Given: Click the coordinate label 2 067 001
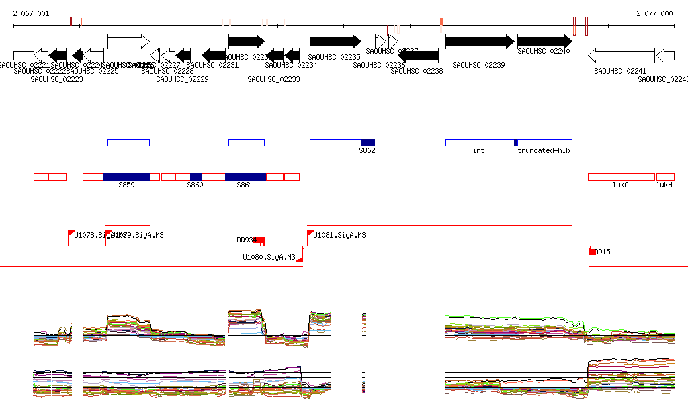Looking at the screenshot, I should click(31, 13).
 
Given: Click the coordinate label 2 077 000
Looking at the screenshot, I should click(654, 13).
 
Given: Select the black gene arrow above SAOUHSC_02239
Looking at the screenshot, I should click(480, 42).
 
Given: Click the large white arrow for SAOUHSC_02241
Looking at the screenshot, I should click(621, 55).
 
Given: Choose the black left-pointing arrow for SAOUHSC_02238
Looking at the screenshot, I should click(419, 55).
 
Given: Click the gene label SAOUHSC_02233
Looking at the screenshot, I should click(273, 79).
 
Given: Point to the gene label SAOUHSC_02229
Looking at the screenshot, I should click(182, 79).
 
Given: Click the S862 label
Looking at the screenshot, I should click(367, 151).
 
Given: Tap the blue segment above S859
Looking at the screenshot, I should click(126, 176).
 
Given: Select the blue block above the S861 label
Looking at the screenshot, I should click(245, 176).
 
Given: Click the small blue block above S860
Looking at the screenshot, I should click(196, 176).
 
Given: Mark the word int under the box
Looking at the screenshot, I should click(478, 151).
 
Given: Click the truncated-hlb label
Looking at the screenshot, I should click(544, 151).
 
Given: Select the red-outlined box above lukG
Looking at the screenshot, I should click(621, 176).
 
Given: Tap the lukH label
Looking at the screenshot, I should click(664, 185).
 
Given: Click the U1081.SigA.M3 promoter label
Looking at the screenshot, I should click(339, 236).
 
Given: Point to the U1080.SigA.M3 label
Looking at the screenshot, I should click(269, 257).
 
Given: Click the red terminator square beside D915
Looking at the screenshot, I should click(592, 252).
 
